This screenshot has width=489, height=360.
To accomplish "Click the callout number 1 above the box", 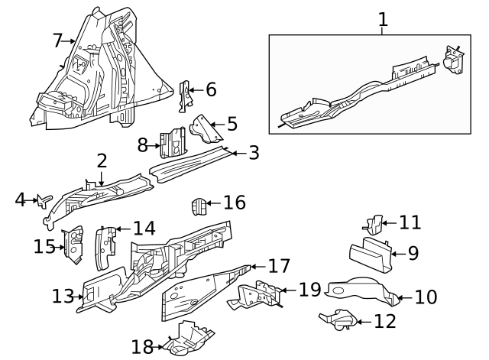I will [x=383, y=19].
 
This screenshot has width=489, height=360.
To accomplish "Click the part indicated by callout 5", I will [x=202, y=129].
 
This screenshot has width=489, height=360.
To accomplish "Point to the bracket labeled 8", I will [x=172, y=142].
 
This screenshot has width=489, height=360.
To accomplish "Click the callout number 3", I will [x=254, y=153].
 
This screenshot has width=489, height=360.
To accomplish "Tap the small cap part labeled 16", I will [x=197, y=206].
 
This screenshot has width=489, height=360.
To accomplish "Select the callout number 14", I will [x=144, y=228].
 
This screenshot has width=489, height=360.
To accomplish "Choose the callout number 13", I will [x=63, y=296].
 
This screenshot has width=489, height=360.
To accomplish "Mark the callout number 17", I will [x=279, y=266].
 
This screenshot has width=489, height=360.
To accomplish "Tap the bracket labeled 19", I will [x=256, y=294].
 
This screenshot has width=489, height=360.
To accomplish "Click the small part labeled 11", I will [x=373, y=225].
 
